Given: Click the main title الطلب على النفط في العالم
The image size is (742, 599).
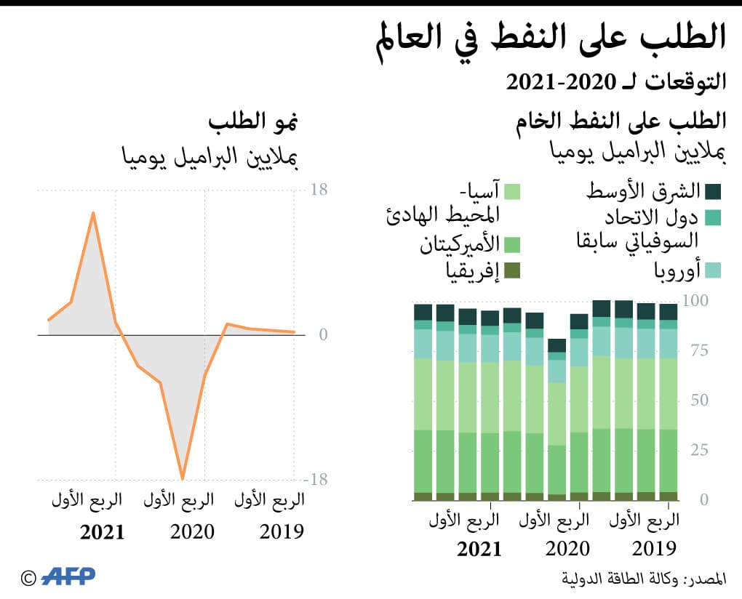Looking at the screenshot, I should pos(553,39).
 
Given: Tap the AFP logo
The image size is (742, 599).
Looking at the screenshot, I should pos(68,576).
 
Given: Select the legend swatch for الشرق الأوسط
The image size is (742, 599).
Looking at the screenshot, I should pos(713,191).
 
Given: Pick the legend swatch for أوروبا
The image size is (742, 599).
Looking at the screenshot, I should pos(713,270).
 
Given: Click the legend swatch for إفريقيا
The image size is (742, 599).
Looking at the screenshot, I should pos(512,270).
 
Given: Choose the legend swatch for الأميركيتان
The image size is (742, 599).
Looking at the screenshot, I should pos(512,244).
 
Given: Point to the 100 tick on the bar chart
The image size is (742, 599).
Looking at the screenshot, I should pos(698,300).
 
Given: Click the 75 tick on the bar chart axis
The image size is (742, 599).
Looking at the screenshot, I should pos(698,350).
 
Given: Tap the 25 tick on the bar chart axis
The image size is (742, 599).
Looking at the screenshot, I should pos(698,450).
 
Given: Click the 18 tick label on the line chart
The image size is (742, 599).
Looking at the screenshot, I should pos(319,190).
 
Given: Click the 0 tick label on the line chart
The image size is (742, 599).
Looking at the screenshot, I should pos(323,335).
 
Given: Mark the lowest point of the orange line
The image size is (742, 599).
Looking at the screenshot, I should pos(182,478).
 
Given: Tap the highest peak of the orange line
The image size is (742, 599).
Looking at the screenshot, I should pos(93,212).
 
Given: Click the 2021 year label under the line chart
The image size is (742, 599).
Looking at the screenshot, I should pos(102,532).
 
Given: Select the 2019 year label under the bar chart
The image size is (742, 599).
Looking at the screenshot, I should pos(654,548).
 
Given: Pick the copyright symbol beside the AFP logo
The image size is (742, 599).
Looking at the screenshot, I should pos(28,578).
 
